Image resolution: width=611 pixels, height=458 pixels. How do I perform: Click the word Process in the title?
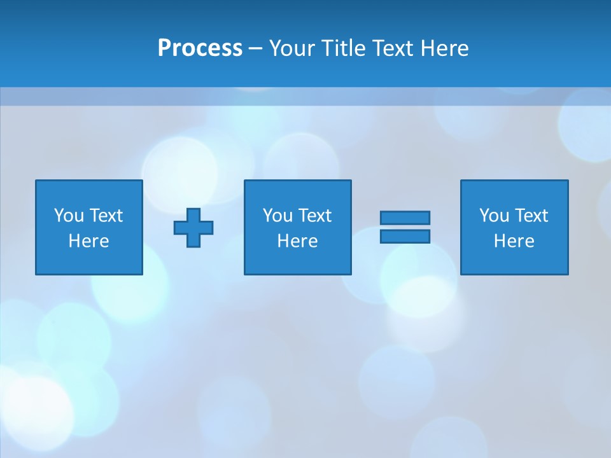pyautogui.click(x=200, y=48)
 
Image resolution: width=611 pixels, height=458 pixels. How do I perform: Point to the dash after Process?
pyautogui.click(x=255, y=49)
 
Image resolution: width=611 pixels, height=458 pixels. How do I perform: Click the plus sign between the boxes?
pyautogui.click(x=193, y=228)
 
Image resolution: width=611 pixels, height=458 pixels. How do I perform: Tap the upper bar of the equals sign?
pyautogui.click(x=405, y=218)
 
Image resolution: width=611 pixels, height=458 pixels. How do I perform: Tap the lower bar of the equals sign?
pyautogui.click(x=405, y=236)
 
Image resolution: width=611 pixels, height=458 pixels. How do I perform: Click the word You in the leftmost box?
pyautogui.click(x=69, y=216)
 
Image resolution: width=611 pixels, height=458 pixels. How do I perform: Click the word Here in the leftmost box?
pyautogui.click(x=88, y=241)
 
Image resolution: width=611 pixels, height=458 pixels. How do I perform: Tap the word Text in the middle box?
pyautogui.click(x=314, y=216)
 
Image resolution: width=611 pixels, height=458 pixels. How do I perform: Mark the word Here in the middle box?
pyautogui.click(x=297, y=241)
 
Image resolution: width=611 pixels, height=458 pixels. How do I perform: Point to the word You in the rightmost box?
pyautogui.click(x=494, y=216)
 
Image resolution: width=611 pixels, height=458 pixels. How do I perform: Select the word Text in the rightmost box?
pyautogui.click(x=531, y=216)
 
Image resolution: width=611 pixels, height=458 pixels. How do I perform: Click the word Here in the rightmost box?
pyautogui.click(x=514, y=241)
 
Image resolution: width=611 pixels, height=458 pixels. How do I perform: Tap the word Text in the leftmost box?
pyautogui.click(x=106, y=216)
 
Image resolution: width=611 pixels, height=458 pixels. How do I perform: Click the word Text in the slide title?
pyautogui.click(x=393, y=48)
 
